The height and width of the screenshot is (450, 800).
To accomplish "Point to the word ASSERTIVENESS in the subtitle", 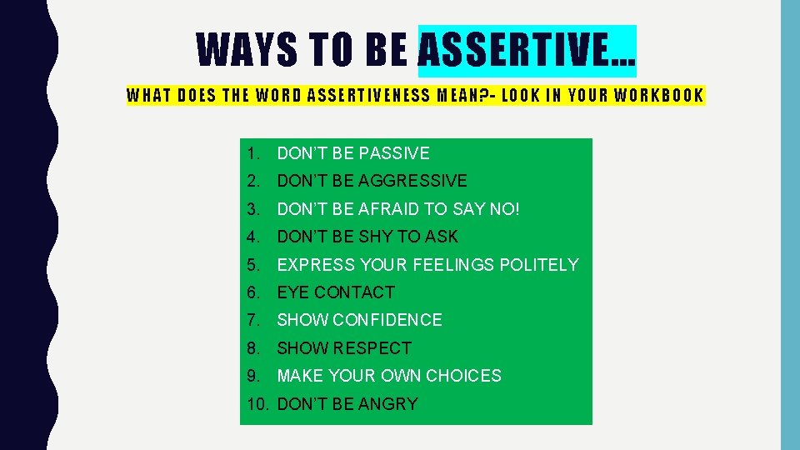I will click(364, 95).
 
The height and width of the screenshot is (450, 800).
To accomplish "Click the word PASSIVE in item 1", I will click(392, 153).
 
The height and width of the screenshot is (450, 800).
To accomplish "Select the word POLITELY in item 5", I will click(538, 265).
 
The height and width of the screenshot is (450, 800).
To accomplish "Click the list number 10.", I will click(259, 404).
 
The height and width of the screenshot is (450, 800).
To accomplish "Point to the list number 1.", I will click(253, 153).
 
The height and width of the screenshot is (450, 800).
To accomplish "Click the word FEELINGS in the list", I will click(455, 265).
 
